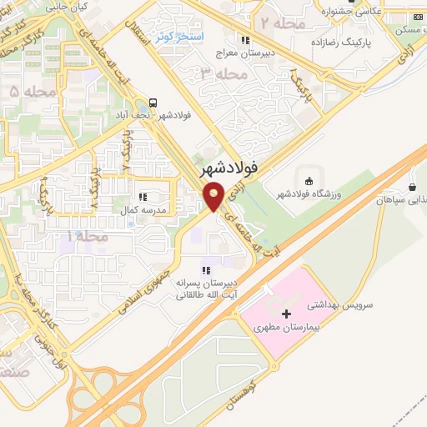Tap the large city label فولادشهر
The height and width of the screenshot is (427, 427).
[230, 169]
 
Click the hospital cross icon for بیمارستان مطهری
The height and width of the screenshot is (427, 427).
[287, 314]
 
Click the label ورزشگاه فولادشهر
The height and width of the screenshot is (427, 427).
[314, 196]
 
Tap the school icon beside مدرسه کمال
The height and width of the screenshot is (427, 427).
[143, 197]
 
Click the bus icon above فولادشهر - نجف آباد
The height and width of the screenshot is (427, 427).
[153, 99]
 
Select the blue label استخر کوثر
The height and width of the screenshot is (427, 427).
[175, 38]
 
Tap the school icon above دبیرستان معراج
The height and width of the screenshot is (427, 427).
[244, 39]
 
